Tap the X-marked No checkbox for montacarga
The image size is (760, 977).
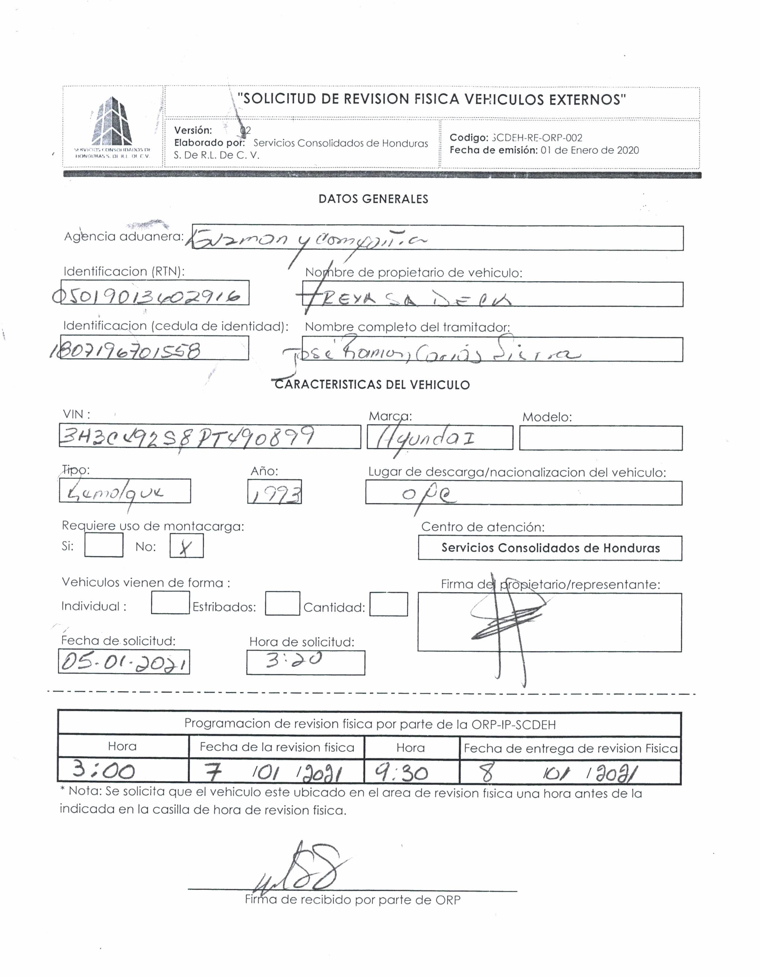[x=186, y=547]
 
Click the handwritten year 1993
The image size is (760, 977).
[x=274, y=492]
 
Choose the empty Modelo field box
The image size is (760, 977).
[x=601, y=438]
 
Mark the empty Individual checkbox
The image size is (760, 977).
[x=170, y=603]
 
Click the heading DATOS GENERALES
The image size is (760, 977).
[x=373, y=199]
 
